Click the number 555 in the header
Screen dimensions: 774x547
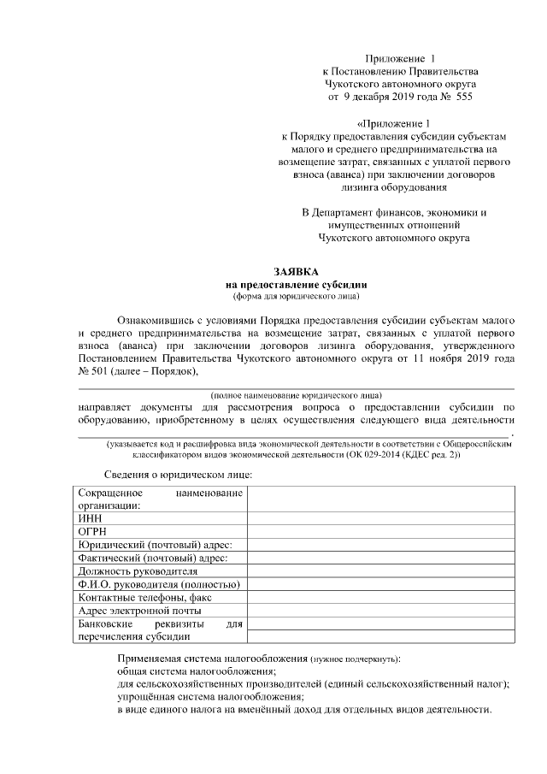pyautogui.click(x=460, y=97)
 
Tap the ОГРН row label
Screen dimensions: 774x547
pyautogui.click(x=92, y=531)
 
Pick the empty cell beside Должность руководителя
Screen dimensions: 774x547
pyautogui.click(x=381, y=570)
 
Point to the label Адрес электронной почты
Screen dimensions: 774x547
pyautogui.click(x=139, y=611)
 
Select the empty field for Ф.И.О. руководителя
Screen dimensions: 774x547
pyautogui.click(x=381, y=584)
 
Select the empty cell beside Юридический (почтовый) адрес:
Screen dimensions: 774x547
pyautogui.click(x=381, y=544)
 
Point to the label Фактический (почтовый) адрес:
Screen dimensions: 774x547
pyautogui.click(x=152, y=558)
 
